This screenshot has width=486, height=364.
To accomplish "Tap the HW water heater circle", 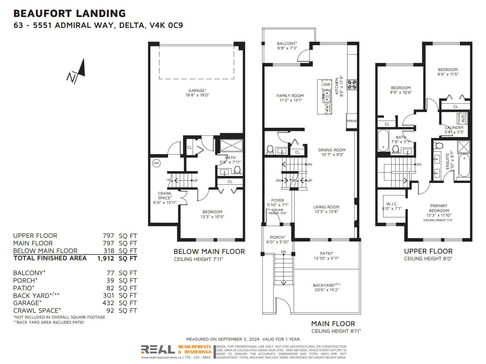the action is click(156, 163).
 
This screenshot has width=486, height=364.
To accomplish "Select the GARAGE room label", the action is click(197, 90).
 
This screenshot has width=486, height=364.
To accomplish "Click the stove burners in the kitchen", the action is click(352, 85).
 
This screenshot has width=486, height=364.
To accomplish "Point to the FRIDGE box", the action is click(352, 121).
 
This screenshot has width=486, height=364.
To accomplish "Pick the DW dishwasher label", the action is click(327, 84).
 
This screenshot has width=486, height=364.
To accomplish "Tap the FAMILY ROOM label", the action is click(290, 96).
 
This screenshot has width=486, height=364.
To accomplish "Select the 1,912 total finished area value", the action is click(106, 258).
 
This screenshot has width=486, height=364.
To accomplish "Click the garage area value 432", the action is click(108, 303).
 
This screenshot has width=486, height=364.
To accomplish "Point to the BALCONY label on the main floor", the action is click(287, 44).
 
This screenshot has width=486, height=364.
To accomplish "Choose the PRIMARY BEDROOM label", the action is click(439, 208).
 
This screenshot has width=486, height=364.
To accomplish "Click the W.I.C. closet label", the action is click(392, 204).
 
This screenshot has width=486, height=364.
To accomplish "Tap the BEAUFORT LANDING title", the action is click(70, 13).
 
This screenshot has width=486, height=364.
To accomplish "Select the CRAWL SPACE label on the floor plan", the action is click(165, 196).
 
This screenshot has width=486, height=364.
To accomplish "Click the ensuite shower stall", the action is click(464, 147).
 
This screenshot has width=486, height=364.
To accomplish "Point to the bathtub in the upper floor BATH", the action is click(383, 140).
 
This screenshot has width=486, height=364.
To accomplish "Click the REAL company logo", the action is click(158, 350).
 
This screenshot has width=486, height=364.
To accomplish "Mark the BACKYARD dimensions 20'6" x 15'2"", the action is click(327, 290).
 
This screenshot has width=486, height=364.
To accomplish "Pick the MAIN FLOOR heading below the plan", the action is click(333, 324).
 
